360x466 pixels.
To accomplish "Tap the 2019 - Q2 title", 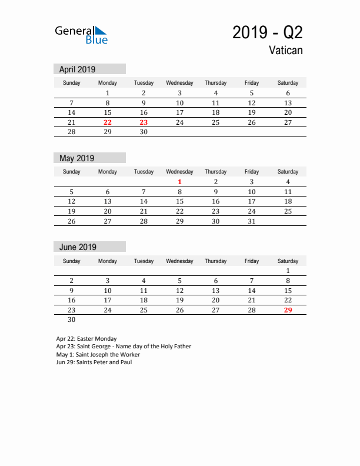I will [267, 32].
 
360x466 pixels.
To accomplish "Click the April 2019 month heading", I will [77, 69].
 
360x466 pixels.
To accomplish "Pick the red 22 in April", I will [107, 122].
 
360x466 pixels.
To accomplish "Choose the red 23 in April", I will [144, 122].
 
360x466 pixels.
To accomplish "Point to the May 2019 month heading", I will [76, 158].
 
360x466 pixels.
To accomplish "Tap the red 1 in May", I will [180, 182].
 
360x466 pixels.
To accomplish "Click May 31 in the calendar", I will [252, 221].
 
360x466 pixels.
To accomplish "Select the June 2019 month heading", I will [78, 247].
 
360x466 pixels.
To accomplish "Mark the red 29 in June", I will [288, 310].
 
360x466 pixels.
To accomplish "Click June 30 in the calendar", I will [71, 320].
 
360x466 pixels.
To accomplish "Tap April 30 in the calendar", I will [144, 132].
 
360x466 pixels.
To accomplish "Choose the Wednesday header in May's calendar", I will [180, 172].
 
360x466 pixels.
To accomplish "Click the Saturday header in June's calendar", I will [288, 261].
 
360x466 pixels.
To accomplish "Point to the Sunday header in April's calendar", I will [71, 83].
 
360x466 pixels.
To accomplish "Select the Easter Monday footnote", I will [86, 339].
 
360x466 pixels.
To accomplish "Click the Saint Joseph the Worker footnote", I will [98, 354].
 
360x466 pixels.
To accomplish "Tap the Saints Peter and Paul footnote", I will [94, 362].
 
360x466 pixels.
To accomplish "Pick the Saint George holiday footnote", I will [124, 347].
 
